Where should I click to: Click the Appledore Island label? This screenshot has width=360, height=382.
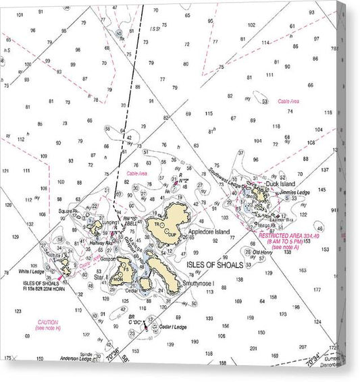209,231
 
